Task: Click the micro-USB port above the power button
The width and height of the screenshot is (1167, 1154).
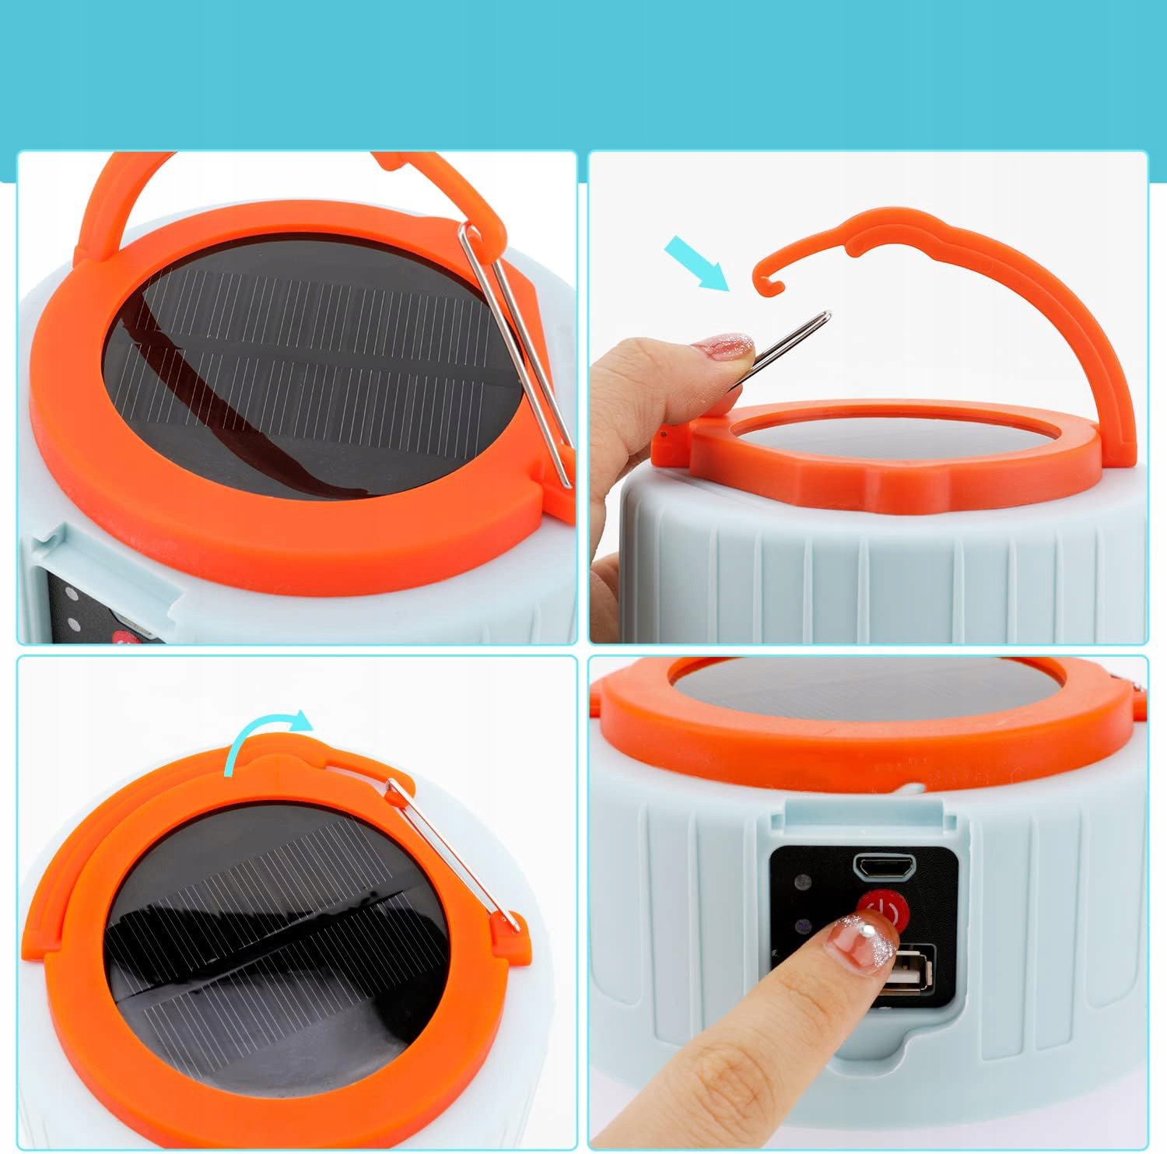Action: tap(885, 865)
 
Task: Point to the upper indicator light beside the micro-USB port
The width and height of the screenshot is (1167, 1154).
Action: tap(801, 882)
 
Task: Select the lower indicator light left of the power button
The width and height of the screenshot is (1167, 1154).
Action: tap(801, 927)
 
